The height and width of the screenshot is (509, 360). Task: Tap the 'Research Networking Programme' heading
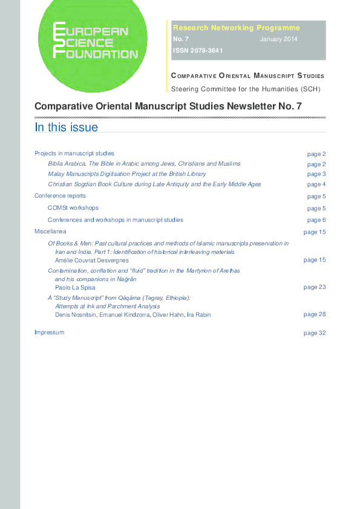tap(236, 28)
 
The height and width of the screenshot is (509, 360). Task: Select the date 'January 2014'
tap(278, 39)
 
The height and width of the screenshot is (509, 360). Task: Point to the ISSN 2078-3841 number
tap(198, 51)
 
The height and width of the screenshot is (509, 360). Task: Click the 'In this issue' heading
tap(66, 127)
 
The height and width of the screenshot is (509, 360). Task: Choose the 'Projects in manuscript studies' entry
tap(74, 154)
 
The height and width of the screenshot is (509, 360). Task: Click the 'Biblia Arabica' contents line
tap(144, 164)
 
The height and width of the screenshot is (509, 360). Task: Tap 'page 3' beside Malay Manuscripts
tap(316, 174)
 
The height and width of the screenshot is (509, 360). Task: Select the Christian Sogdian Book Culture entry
tap(154, 184)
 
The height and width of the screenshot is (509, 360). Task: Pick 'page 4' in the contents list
tap(316, 184)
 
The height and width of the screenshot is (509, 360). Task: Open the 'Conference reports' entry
tap(60, 196)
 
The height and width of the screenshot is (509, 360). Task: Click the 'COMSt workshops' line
tap(73, 208)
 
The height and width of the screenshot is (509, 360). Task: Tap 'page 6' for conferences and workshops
tap(316, 220)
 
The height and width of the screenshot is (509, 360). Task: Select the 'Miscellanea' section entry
tap(50, 232)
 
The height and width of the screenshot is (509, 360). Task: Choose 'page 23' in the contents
tap(315, 287)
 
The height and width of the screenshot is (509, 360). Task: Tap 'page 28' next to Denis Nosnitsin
tap(315, 314)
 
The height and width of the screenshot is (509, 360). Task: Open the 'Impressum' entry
tap(49, 332)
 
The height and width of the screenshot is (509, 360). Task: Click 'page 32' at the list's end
tap(315, 333)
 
